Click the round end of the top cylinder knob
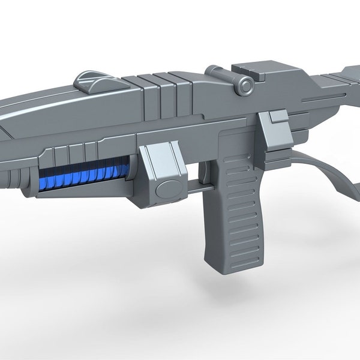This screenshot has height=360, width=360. tap(247, 86)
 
